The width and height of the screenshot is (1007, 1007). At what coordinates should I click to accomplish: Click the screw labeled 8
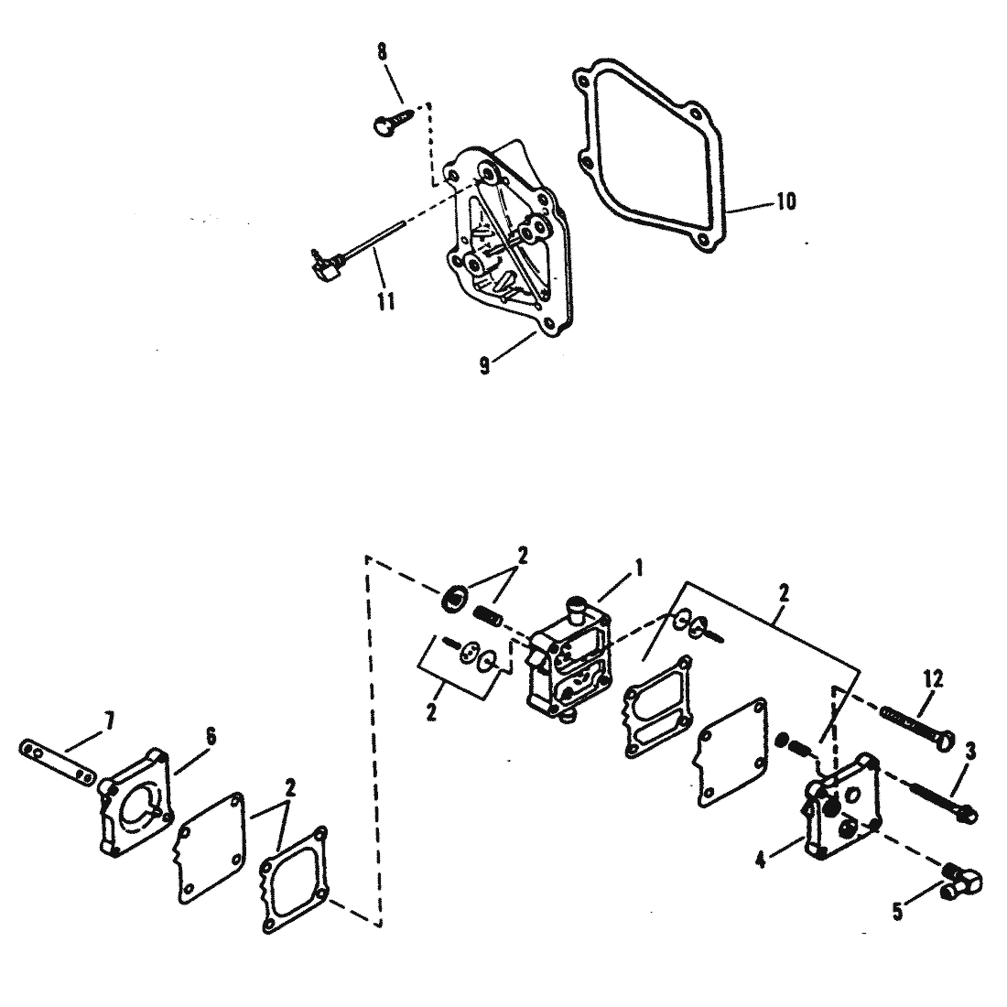395,120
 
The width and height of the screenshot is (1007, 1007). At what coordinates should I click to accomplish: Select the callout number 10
786,201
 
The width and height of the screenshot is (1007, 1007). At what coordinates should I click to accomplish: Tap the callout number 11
385,300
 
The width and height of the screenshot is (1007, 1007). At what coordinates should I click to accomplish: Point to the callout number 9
485,365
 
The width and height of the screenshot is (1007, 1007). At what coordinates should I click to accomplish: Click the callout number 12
934,679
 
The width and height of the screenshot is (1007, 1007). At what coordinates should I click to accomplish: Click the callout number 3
970,751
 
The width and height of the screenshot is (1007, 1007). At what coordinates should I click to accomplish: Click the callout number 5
897,911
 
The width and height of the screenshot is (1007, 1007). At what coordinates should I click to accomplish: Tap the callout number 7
110,722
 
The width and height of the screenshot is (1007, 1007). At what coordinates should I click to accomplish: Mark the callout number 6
210,737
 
